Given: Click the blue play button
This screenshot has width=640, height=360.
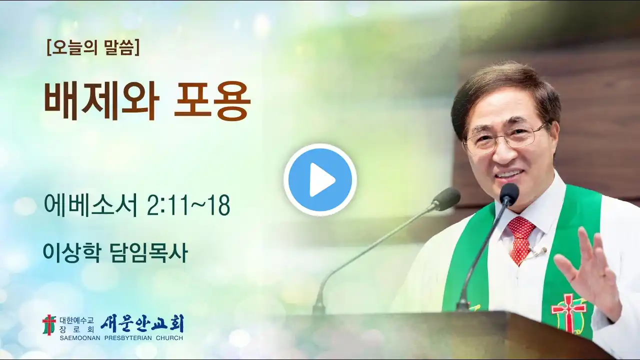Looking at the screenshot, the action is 320,179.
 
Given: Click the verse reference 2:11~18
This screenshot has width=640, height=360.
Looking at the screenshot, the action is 188,205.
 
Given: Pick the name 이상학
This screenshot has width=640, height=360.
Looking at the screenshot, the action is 71,253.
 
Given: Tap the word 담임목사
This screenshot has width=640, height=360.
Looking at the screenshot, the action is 148,253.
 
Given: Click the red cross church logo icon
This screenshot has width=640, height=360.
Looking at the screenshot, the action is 49,325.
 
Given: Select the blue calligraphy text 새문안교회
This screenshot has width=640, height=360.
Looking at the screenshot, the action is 142,323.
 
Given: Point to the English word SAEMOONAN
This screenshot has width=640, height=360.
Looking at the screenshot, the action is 80,338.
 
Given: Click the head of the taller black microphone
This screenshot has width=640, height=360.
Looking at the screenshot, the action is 509,192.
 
